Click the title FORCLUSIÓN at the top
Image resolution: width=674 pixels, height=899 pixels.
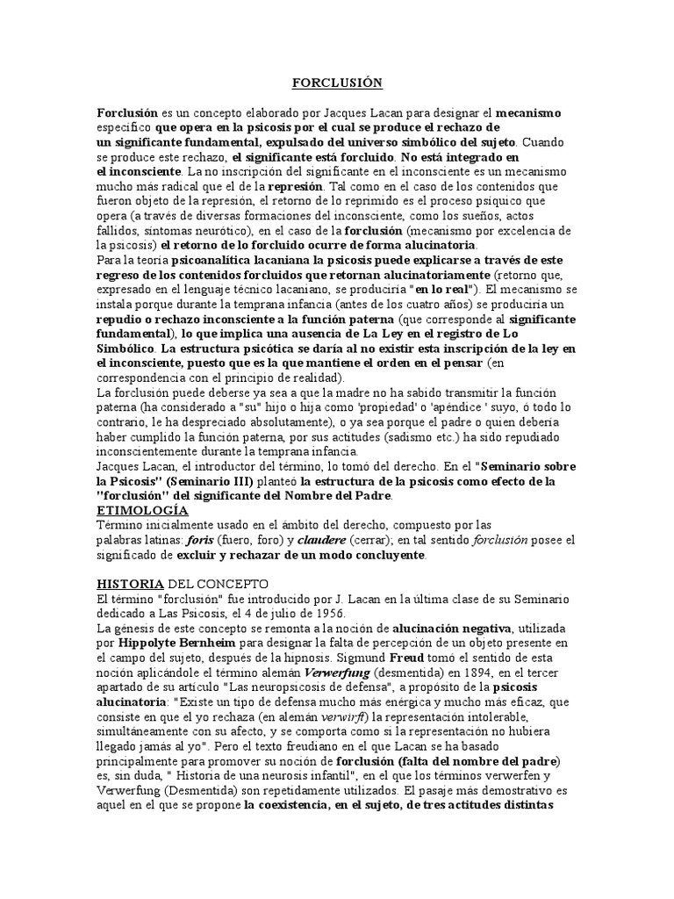(337, 83)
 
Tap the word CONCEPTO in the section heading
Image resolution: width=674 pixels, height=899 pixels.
(234, 584)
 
